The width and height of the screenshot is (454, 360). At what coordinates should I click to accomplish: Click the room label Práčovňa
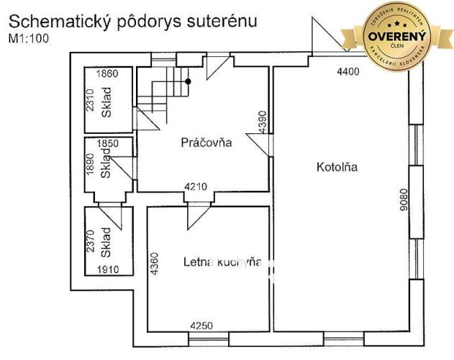click(206, 143)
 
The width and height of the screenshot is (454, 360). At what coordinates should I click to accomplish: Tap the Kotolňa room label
click(337, 168)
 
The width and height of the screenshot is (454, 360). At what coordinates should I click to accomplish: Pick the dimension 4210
click(196, 187)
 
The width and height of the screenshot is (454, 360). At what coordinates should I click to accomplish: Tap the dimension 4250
click(202, 326)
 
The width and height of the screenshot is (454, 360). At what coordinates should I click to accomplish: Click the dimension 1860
click(106, 73)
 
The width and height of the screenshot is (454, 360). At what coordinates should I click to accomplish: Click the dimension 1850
click(106, 143)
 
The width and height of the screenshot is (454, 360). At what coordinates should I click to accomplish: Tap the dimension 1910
click(107, 270)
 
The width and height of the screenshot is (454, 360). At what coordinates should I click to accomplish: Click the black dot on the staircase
click(188, 81)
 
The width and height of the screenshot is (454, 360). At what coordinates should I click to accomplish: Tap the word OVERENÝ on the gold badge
click(398, 35)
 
